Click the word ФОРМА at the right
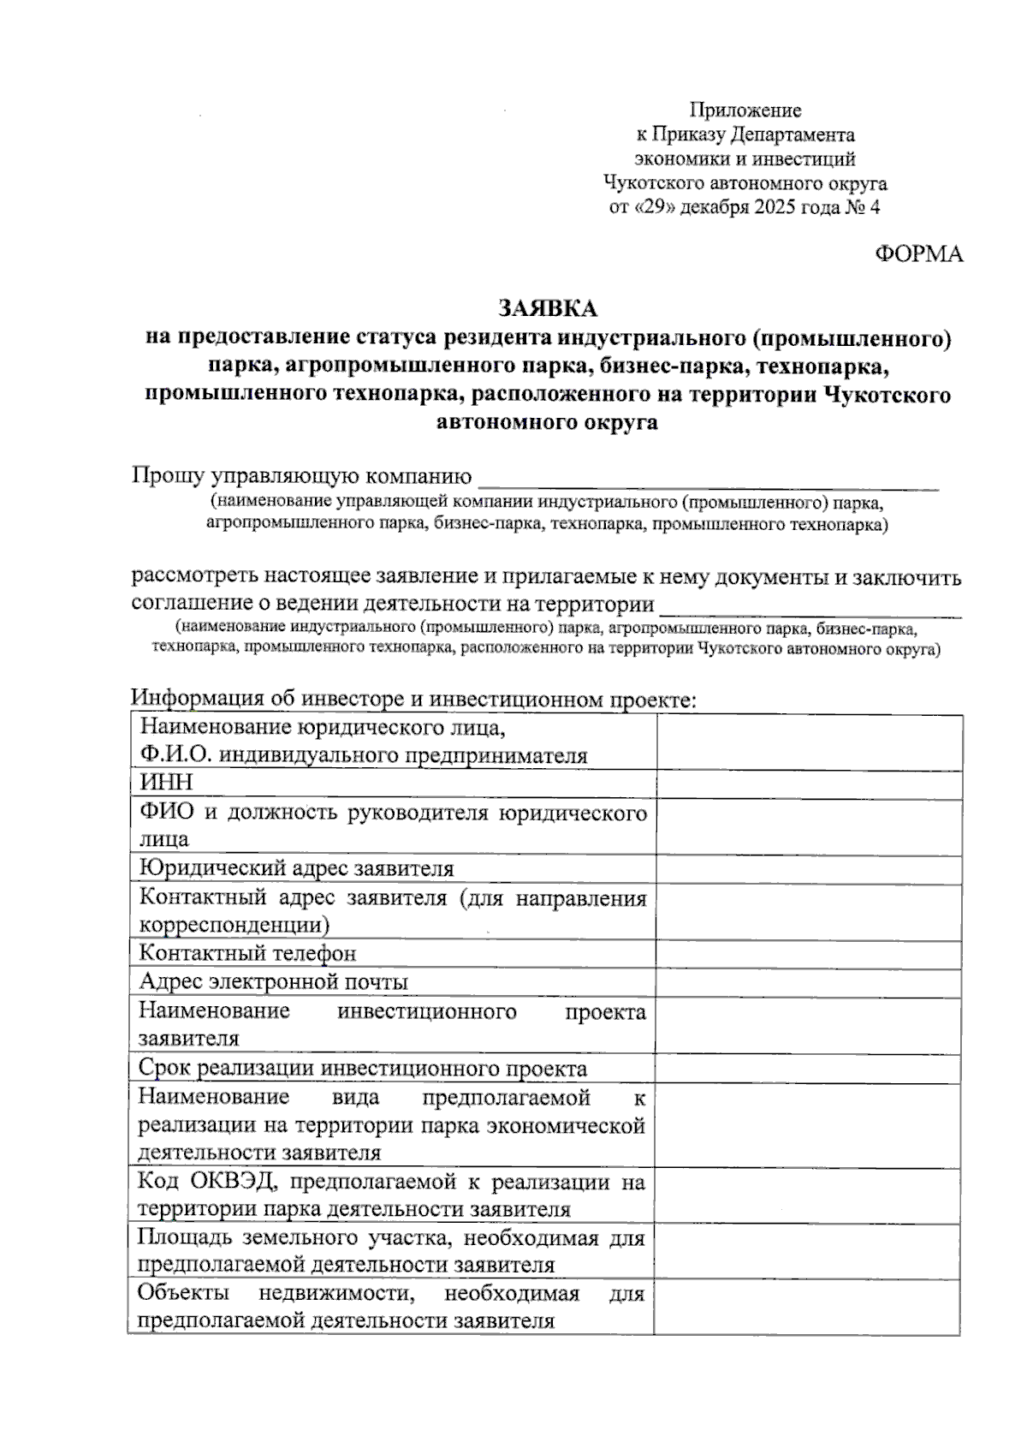point(918,254)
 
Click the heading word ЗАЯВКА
point(548,307)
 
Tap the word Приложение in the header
point(745,110)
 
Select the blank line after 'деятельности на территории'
point(811,608)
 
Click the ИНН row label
point(166,782)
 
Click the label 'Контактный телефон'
point(247,953)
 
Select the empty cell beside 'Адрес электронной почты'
point(809,982)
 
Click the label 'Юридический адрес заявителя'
point(296,868)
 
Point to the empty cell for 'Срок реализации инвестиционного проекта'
point(809,1069)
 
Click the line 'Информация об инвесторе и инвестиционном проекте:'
point(414,700)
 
